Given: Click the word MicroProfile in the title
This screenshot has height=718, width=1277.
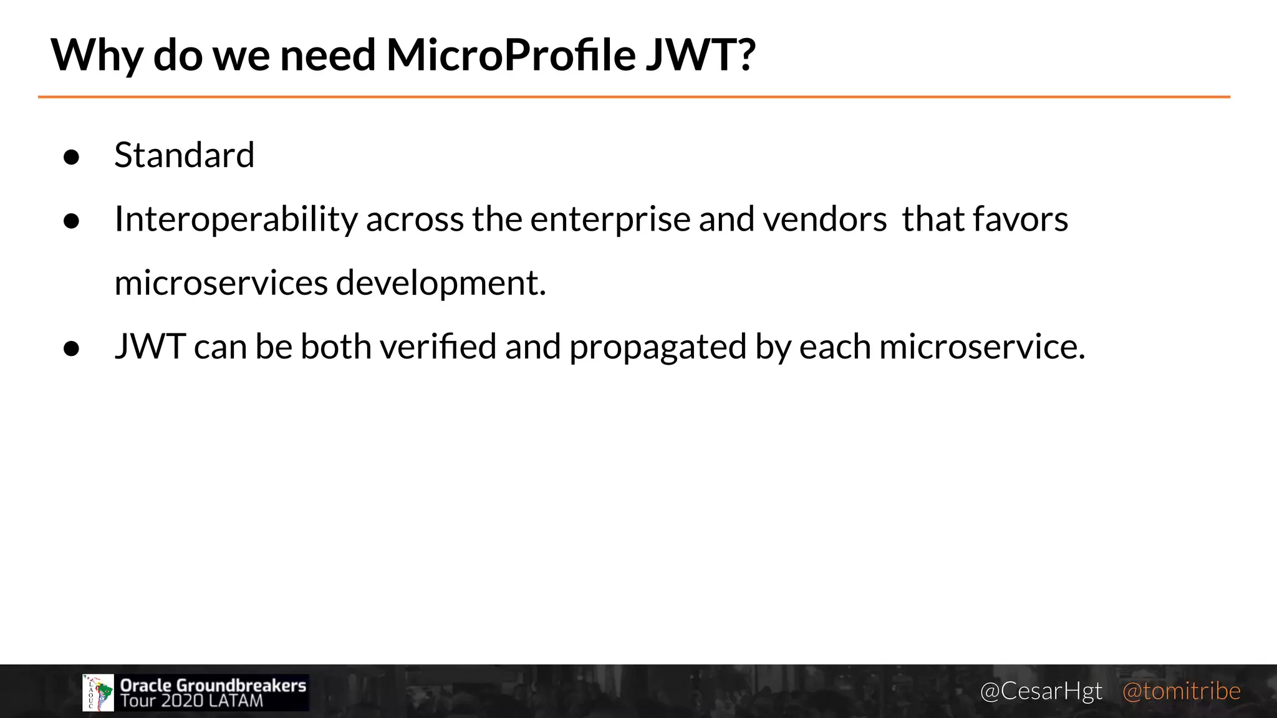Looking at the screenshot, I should (x=511, y=55).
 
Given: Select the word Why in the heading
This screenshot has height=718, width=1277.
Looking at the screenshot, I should (x=97, y=56).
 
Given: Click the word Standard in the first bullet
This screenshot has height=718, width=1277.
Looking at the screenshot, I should (x=185, y=155).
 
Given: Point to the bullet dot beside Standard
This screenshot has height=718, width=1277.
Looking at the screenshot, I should (x=72, y=157).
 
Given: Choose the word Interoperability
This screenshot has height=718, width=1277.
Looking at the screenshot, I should (x=236, y=219).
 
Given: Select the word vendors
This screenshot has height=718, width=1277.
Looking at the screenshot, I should (x=824, y=219).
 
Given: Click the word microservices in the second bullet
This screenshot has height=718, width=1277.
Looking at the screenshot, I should (x=221, y=283).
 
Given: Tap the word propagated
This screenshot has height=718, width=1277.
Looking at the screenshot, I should (x=658, y=348).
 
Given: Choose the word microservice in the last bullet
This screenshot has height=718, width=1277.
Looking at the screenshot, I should (x=981, y=347).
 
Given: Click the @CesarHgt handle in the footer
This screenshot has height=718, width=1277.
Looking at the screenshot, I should (x=1041, y=691).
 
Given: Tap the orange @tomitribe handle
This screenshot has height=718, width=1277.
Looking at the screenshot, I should (x=1181, y=691).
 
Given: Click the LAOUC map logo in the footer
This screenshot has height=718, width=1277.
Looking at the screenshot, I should (x=98, y=692).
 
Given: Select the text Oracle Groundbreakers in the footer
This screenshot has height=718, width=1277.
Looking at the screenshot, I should (x=213, y=685).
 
